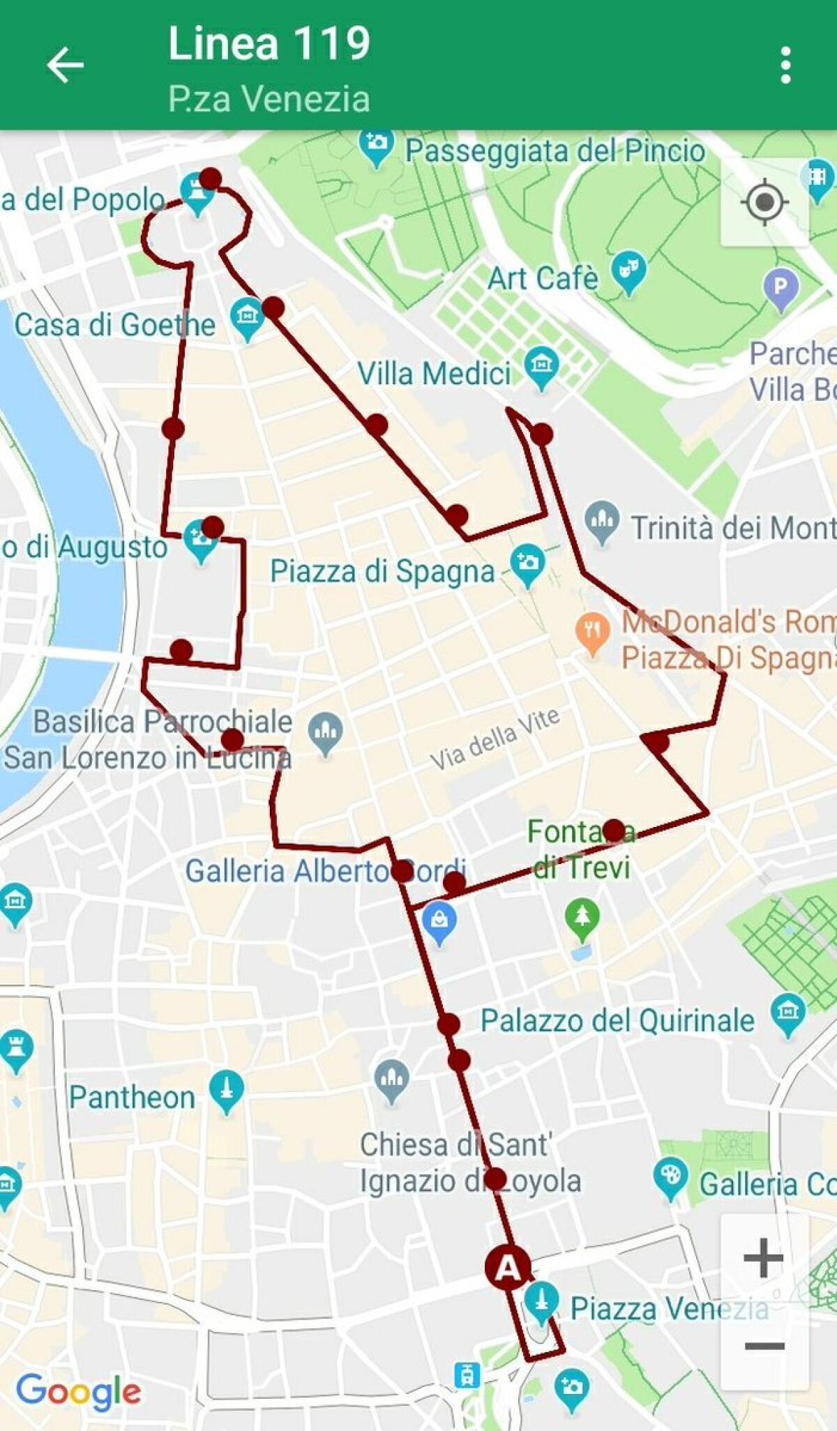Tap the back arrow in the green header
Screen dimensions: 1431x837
[65, 65]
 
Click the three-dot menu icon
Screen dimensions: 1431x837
[785, 65]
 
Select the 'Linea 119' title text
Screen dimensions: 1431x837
[269, 43]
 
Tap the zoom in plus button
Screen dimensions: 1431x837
[764, 1258]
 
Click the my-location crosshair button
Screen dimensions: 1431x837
[764, 202]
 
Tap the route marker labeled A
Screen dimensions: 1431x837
[508, 1266]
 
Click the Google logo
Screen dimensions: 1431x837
[78, 1392]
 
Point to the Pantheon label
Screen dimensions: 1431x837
[132, 1097]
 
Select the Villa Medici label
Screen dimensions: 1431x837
[434, 374]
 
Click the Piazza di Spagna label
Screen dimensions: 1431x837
[382, 571]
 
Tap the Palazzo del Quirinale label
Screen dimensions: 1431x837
[617, 1021]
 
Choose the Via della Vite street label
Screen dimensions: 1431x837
[495, 738]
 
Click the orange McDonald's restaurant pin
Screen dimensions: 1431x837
[592, 633]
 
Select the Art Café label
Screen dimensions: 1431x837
[543, 278]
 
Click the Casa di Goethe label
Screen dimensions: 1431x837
[115, 324]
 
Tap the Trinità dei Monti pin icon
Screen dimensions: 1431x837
[601, 520]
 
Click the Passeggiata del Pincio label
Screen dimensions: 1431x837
[555, 151]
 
